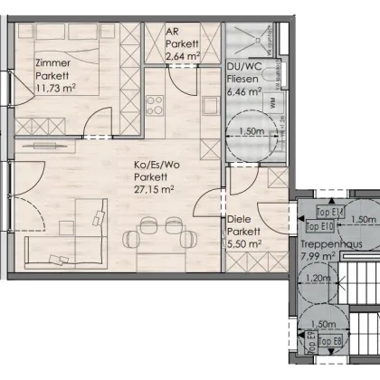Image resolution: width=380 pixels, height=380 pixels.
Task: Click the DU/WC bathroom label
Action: [243, 68]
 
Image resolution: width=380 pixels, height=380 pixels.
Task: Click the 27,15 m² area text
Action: [154, 192]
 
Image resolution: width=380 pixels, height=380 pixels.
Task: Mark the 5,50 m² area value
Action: [244, 243]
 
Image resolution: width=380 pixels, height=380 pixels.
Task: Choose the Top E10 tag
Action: [320, 227]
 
